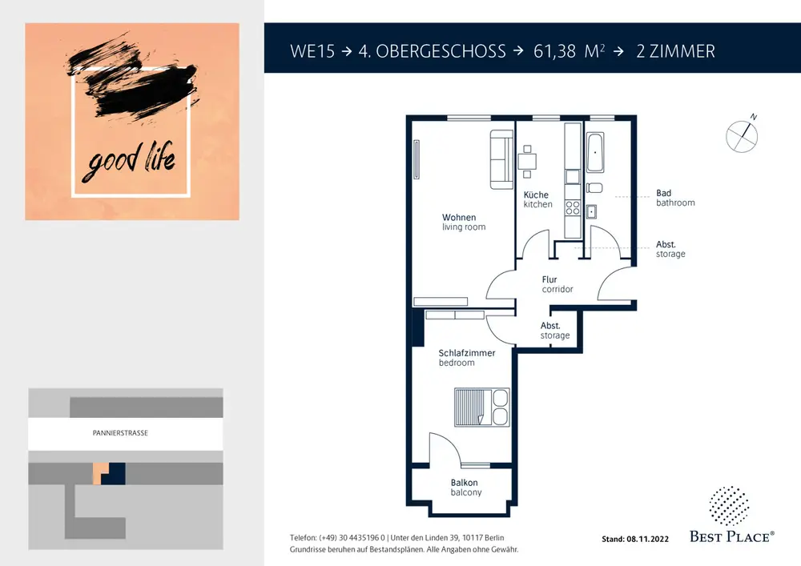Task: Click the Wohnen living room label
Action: (463, 222)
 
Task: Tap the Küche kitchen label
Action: (537, 199)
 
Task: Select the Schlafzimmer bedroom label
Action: (466, 357)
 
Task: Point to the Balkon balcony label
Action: (465, 487)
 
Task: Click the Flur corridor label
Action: (557, 284)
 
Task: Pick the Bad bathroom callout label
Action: (675, 198)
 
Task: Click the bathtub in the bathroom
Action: (595, 152)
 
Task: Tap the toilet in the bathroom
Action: (594, 188)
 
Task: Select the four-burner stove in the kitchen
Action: (573, 207)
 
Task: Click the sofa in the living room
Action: (501, 160)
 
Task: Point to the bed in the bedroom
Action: (481, 407)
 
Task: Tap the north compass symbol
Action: (742, 134)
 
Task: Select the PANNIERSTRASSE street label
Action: (120, 433)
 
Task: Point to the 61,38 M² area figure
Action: (569, 51)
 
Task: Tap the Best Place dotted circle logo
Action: (729, 505)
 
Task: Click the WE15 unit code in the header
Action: (312, 51)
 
